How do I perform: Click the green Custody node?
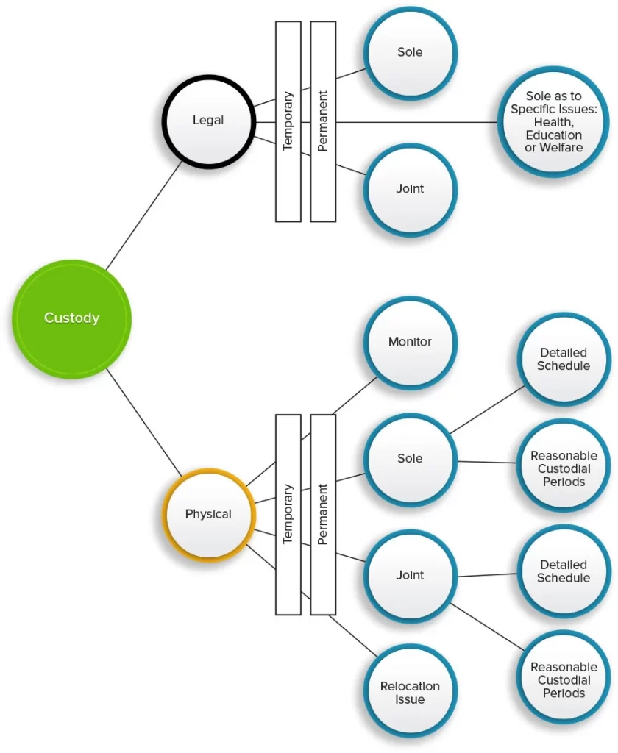pos(71,318)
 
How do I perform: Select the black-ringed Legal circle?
pos(207,120)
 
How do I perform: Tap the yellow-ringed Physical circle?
pos(207,514)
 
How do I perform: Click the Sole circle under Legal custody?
pos(410,53)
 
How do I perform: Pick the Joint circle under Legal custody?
pos(410,189)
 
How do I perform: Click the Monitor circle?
pos(410,342)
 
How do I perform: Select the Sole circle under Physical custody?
pos(410,459)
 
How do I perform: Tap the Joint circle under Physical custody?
pos(410,575)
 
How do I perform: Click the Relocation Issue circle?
pos(410,692)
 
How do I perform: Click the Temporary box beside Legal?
pos(288,121)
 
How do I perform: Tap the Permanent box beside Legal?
pos(323,121)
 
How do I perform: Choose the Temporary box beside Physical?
pos(288,514)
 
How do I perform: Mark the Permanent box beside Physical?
pos(323,514)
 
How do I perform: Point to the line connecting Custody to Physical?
pos(144,422)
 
